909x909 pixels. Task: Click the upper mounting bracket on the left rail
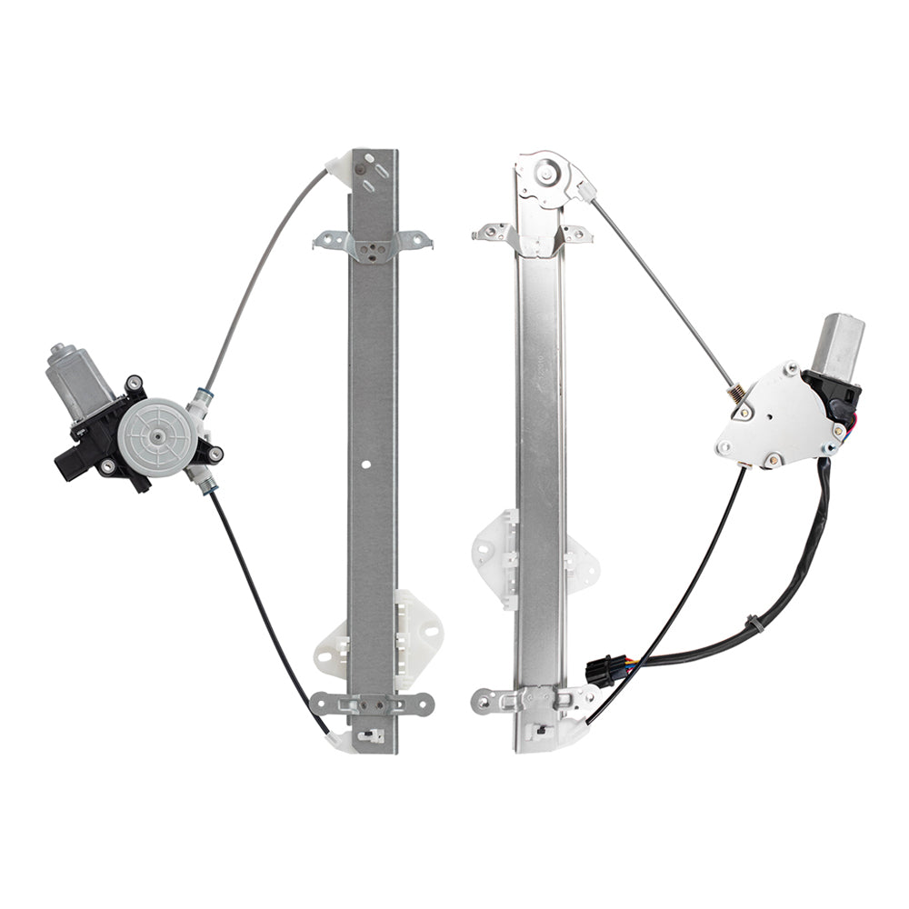373,244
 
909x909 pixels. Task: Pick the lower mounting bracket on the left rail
373,703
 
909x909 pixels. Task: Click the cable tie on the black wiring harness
754,625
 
